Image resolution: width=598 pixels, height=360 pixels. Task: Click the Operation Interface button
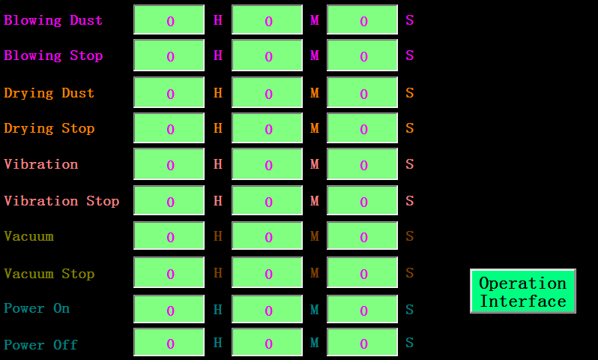coord(523,291)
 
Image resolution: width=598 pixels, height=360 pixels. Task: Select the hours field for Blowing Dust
coord(169,19)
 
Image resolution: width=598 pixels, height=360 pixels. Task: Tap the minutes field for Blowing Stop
coord(267,55)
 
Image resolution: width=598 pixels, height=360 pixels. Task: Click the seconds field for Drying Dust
coord(362,92)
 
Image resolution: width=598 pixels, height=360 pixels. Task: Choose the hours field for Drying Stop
coord(169,128)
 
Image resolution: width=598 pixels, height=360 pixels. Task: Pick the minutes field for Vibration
coord(267,163)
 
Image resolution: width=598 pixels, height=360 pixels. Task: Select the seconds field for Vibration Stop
coord(362,200)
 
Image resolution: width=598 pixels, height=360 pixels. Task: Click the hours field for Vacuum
coord(169,235)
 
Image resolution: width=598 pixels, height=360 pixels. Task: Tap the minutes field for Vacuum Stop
coord(267,272)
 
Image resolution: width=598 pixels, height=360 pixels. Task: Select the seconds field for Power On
coord(362,309)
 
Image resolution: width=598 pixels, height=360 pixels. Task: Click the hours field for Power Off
coord(169,342)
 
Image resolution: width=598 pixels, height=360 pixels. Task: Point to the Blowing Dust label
coord(53,19)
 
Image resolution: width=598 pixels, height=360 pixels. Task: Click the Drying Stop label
coord(49,128)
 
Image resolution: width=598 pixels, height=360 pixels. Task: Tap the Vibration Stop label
coord(61,201)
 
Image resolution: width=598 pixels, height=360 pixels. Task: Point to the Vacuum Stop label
coord(49,274)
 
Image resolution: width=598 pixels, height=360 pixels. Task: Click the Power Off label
coord(40,345)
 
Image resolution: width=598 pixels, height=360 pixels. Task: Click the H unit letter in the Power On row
coord(218,309)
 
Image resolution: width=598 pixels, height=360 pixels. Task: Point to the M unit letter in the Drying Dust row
coord(315,93)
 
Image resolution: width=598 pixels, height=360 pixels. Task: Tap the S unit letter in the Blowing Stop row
coord(410,55)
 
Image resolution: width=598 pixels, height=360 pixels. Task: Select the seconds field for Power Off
coord(362,342)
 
